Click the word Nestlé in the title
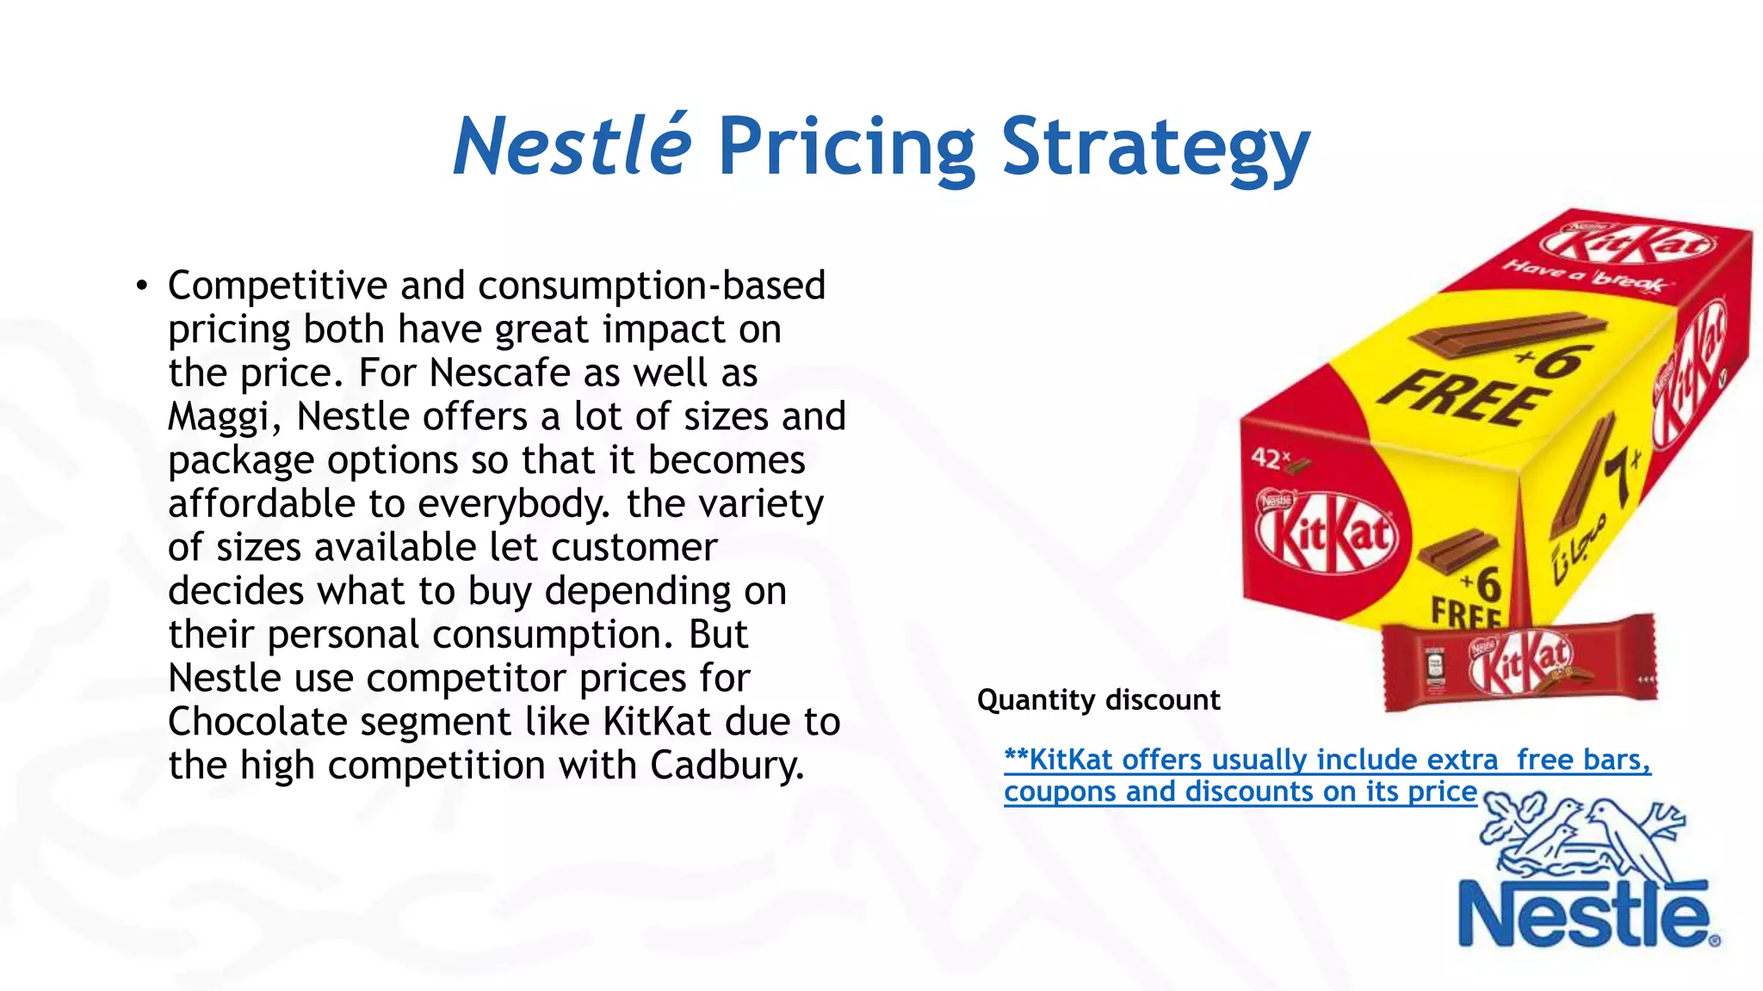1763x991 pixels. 572,146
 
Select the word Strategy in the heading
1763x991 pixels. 1155,148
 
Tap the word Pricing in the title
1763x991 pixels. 846,148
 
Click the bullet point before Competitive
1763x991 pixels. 142,286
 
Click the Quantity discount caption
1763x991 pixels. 1098,700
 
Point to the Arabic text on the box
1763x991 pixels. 1575,551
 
